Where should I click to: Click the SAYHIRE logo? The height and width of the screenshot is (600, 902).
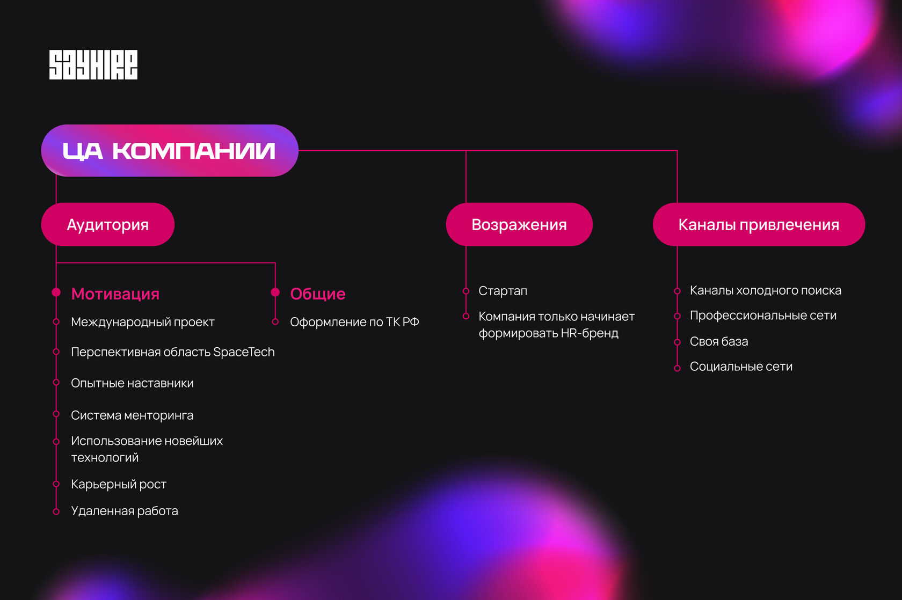point(93,65)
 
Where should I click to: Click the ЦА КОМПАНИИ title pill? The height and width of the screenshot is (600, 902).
point(169,151)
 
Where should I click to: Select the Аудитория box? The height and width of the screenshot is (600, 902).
point(107,224)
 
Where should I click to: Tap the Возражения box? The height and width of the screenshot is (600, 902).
point(519,224)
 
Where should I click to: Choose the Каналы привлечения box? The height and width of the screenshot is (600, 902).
point(758,224)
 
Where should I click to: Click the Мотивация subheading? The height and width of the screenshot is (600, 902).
point(115,294)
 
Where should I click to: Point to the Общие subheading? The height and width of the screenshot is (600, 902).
point(318,294)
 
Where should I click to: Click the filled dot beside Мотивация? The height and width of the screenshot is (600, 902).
point(56,292)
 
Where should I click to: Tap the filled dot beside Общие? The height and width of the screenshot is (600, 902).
point(275,292)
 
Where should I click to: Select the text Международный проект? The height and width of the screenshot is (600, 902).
point(143,322)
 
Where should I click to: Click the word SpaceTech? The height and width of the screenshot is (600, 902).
point(244,352)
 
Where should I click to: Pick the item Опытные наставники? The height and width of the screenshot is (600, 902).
point(132,383)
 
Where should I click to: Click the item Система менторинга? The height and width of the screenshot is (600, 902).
point(132,415)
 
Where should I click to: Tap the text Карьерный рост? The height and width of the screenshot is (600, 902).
point(119,484)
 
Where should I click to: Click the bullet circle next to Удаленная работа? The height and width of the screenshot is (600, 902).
point(56,511)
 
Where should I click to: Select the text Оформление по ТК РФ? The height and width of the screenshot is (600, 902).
point(354,322)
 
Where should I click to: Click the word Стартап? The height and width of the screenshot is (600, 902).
point(503,291)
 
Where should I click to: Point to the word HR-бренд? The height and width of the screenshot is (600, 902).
point(590,333)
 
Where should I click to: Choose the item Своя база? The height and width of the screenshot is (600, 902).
point(718,341)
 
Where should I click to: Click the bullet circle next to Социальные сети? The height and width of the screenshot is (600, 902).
point(678,368)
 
